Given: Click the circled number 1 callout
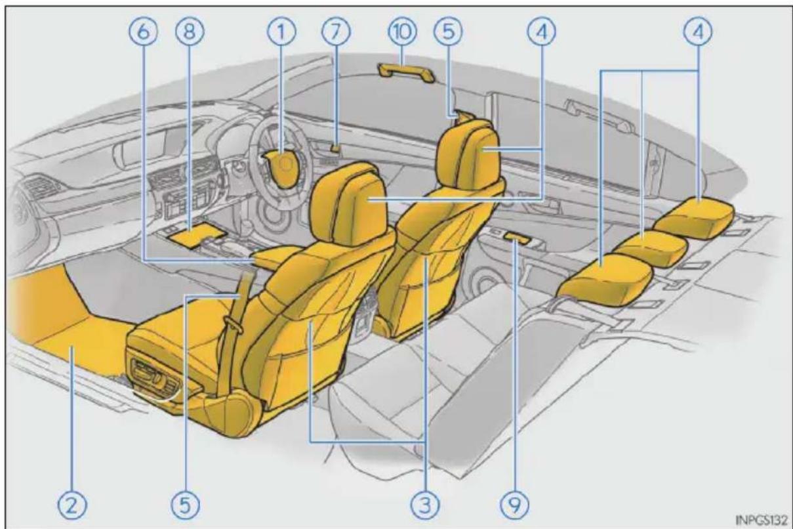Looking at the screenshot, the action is click(x=281, y=32).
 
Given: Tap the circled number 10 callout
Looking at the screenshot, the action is click(x=402, y=32).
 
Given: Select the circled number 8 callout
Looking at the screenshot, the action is click(x=190, y=32).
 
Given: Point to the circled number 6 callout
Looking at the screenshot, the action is click(x=144, y=32).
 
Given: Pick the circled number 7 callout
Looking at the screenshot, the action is click(x=336, y=32).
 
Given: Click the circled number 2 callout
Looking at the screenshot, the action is click(x=72, y=505).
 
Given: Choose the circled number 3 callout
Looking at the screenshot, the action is click(x=425, y=505).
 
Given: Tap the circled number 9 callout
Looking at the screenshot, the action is click(x=515, y=505).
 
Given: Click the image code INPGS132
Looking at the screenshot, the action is click(x=761, y=520).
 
